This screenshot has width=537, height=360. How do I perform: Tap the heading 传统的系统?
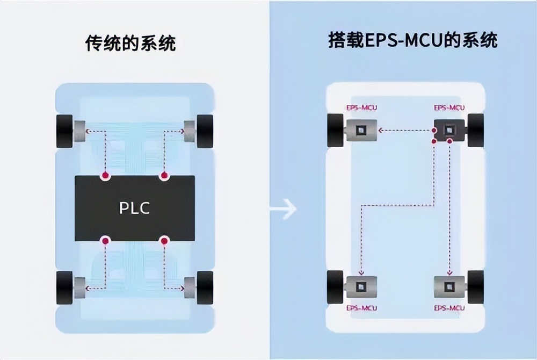click(x=130, y=43)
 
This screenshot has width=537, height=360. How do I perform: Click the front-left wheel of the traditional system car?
click(x=64, y=131)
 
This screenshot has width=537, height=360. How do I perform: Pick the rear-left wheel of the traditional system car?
click(x=64, y=288)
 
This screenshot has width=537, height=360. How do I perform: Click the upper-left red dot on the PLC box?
click(x=105, y=176)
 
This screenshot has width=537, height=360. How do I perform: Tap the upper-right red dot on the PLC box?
click(x=164, y=176)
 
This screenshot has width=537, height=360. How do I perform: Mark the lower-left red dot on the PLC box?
click(x=105, y=241)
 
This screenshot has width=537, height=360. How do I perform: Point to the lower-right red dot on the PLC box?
click(x=164, y=241)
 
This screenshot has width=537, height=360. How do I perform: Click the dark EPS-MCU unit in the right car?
click(x=449, y=130)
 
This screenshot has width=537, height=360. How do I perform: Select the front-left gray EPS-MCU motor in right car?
click(x=360, y=130)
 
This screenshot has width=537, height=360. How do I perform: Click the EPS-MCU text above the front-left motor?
click(x=361, y=107)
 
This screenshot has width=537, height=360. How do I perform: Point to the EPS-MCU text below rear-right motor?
click(x=449, y=308)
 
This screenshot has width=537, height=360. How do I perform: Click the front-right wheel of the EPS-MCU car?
click(x=476, y=130)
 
